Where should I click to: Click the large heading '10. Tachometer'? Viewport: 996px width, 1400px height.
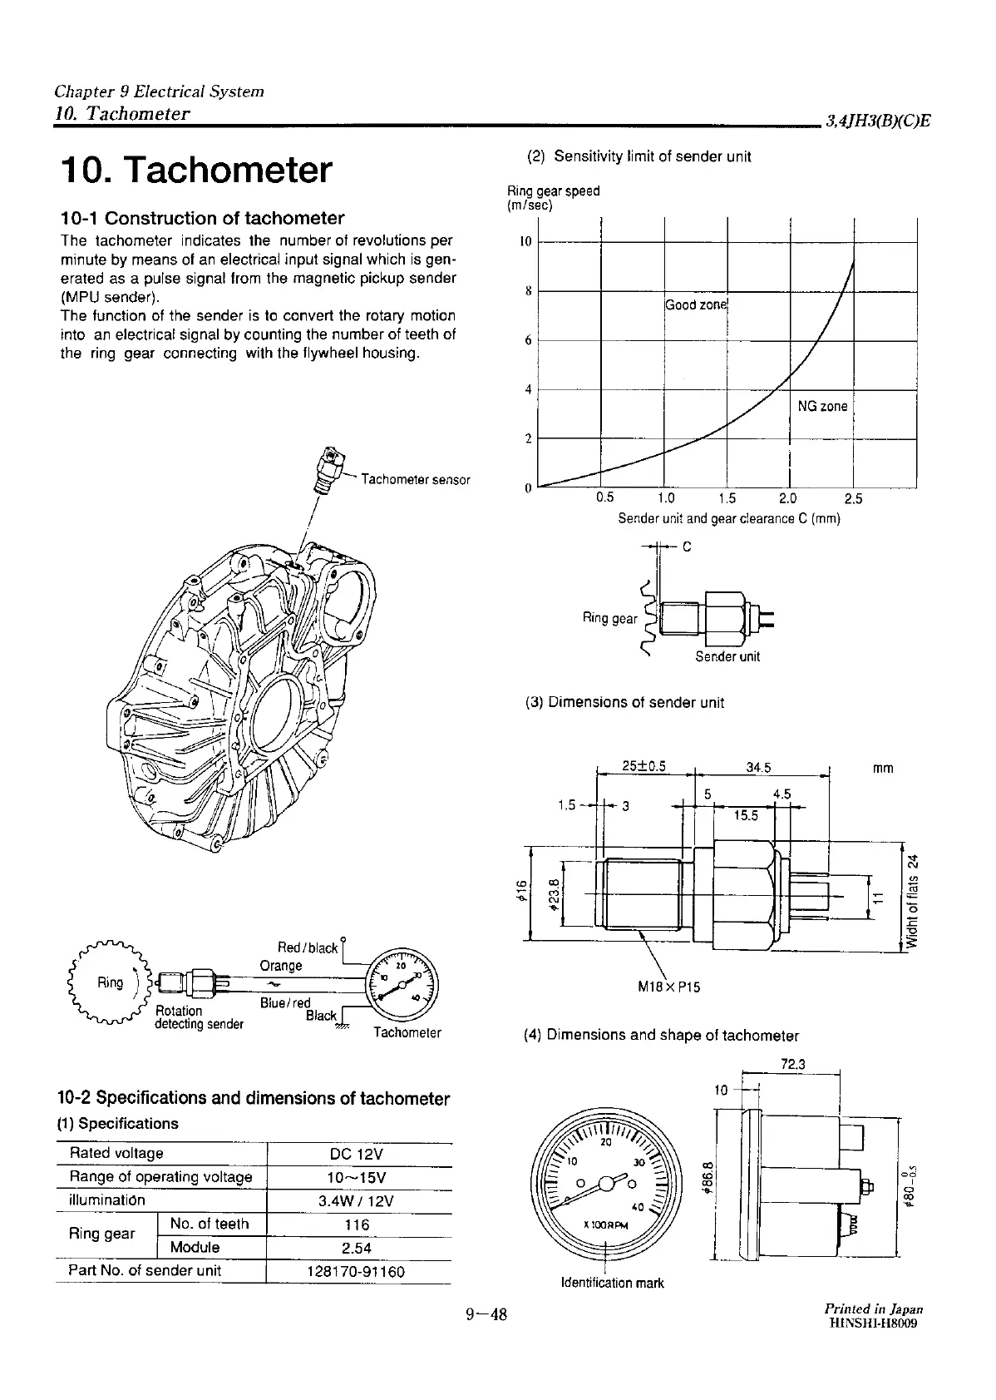pyautogui.click(x=196, y=170)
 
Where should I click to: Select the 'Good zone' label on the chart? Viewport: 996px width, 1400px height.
pyautogui.click(x=696, y=305)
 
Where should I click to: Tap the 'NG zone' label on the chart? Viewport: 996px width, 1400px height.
pyautogui.click(x=822, y=407)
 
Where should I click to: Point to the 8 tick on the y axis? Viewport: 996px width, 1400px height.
pyautogui.click(x=528, y=292)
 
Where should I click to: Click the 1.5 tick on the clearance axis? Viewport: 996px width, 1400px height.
pyautogui.click(x=727, y=499)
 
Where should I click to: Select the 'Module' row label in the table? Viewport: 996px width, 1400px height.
pyautogui.click(x=195, y=1248)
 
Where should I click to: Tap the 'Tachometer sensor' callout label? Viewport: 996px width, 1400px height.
pyautogui.click(x=416, y=480)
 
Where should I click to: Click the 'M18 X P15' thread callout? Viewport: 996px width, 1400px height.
pyautogui.click(x=668, y=987)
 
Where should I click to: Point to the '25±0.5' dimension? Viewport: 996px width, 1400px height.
pyautogui.click(x=645, y=767)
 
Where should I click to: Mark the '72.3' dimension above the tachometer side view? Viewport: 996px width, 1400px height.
pyautogui.click(x=795, y=1064)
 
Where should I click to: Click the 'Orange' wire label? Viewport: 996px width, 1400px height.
pyautogui.click(x=281, y=966)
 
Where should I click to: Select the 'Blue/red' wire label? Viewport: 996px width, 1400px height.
pyautogui.click(x=284, y=1003)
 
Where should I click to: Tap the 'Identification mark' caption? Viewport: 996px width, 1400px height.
pyautogui.click(x=613, y=1283)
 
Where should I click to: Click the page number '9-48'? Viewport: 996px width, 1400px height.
pyautogui.click(x=486, y=1314)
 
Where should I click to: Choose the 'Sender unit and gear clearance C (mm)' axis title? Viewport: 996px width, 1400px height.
pyautogui.click(x=728, y=519)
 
